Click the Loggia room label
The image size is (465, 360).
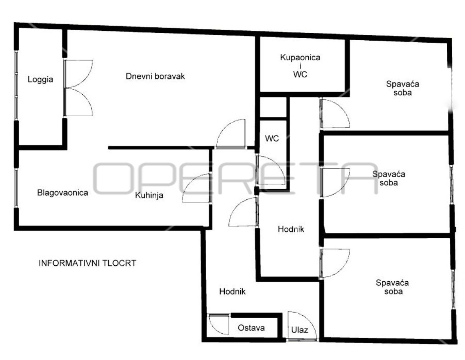[40, 80]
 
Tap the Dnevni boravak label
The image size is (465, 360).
[155, 76]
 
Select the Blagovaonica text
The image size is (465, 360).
[62, 193]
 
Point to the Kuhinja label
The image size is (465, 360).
[149, 195]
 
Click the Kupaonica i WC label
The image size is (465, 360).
[300, 66]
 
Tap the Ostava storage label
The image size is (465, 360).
[251, 328]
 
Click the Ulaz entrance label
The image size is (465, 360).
[300, 330]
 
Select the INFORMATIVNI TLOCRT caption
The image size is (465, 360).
[87, 263]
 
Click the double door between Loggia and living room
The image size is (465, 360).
[78, 88]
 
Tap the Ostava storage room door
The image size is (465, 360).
[219, 324]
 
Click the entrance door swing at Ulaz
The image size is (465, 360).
[301, 326]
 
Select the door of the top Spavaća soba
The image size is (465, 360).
[335, 114]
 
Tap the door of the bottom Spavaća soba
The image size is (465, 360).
[335, 264]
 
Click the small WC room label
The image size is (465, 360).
[272, 138]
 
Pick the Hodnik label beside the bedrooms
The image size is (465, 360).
[291, 229]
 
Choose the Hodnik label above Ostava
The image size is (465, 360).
[233, 291]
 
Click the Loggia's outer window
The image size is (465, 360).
[16, 85]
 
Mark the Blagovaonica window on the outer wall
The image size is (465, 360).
[16, 188]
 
